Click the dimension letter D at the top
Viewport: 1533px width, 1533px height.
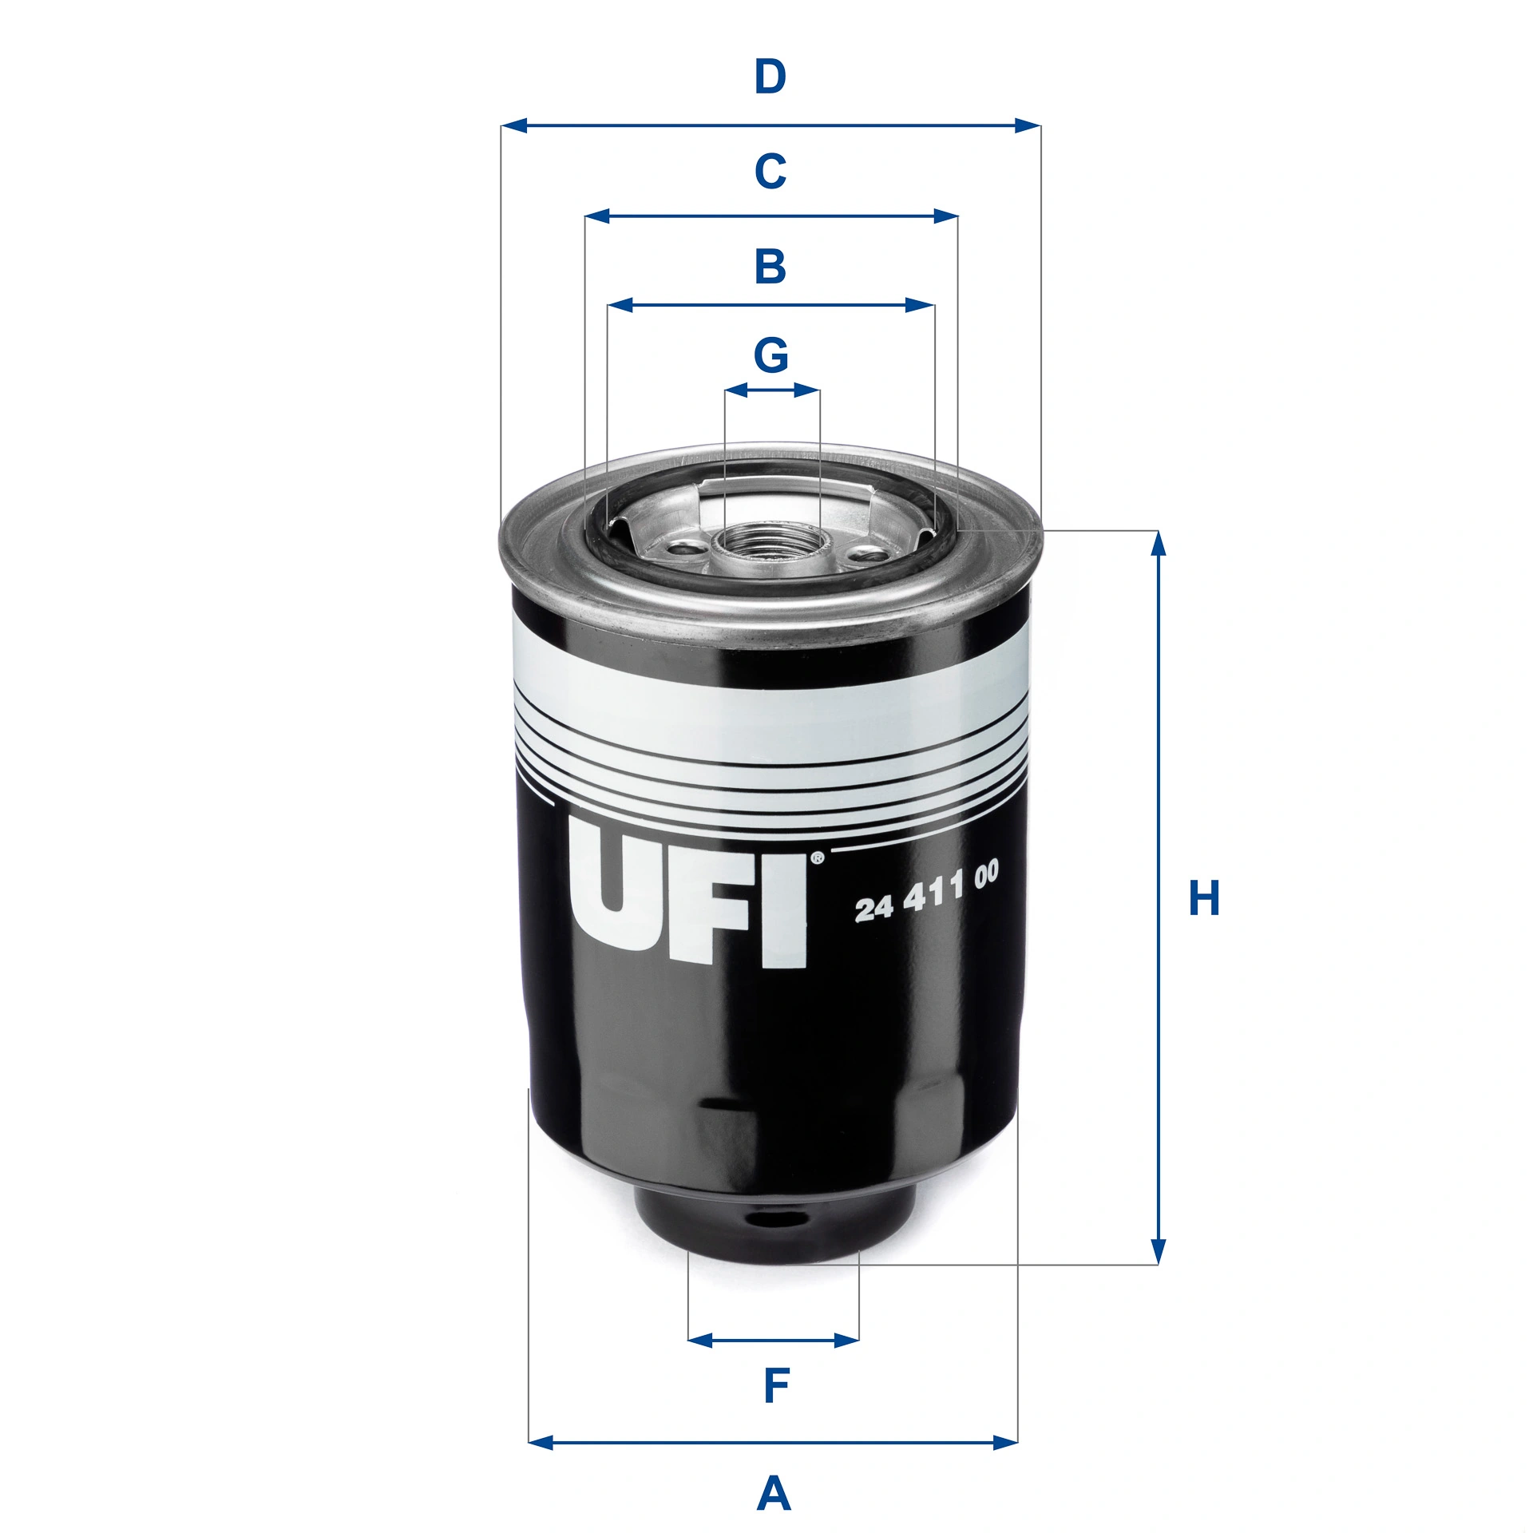coord(770,77)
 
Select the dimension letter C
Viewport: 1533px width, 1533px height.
coord(770,171)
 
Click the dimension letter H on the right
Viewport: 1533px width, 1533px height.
coord(1204,898)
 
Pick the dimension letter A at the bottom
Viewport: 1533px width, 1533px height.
coord(773,1494)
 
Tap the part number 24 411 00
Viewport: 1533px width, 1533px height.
coord(926,892)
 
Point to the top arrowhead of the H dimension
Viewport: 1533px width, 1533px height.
coord(1159,543)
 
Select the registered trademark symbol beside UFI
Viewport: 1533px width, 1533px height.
coord(817,859)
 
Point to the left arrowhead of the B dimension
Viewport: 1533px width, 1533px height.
coord(620,305)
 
